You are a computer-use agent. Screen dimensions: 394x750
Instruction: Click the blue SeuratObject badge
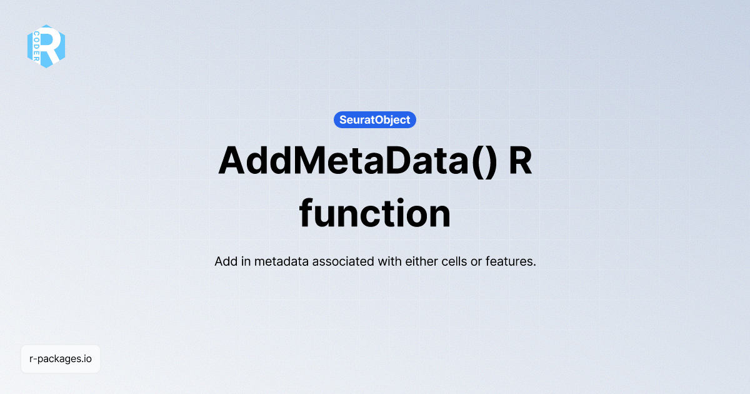click(x=375, y=119)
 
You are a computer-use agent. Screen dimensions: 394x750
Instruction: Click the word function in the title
click(x=375, y=214)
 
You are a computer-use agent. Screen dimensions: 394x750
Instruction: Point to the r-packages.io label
click(x=61, y=359)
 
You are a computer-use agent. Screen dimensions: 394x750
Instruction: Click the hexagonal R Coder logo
click(x=46, y=46)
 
